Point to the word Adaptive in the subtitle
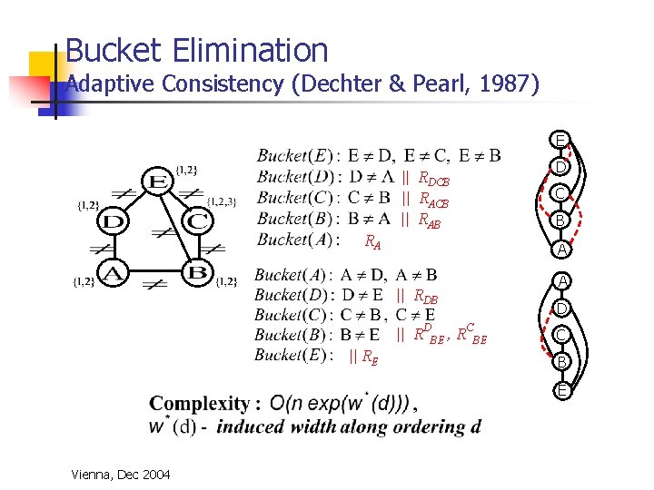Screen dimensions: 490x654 click(x=113, y=84)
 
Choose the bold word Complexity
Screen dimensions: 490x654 click(x=199, y=404)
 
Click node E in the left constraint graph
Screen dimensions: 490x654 click(x=156, y=181)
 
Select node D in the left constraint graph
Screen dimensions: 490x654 click(x=112, y=220)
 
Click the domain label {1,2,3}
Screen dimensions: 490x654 click(x=223, y=201)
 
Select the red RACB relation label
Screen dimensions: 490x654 click(x=433, y=200)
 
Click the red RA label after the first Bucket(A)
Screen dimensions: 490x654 click(x=372, y=242)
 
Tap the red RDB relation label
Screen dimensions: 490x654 click(x=426, y=296)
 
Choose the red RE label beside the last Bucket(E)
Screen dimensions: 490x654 click(x=369, y=357)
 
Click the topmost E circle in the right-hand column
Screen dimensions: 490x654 click(x=561, y=140)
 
